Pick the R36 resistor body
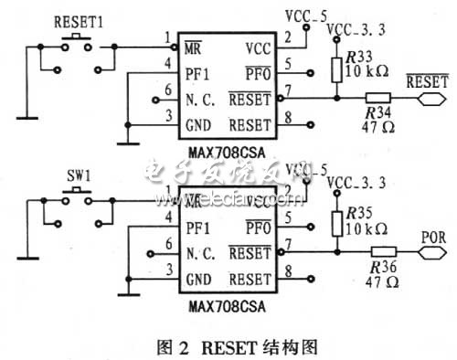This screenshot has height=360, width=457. (377, 249)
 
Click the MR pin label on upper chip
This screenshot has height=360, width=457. (193, 44)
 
